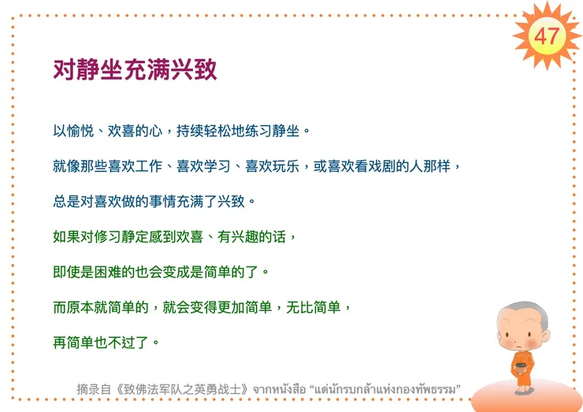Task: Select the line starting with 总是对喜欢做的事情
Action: point(154,201)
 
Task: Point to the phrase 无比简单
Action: point(311,306)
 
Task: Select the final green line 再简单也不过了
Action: point(106,341)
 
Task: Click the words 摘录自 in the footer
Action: point(91,389)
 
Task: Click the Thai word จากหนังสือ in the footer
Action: point(279,389)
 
